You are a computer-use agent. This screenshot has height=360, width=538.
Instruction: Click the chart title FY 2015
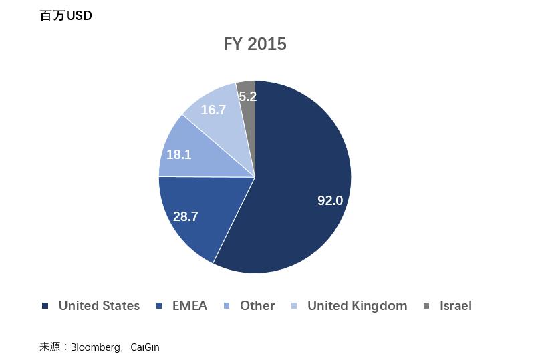[255, 44]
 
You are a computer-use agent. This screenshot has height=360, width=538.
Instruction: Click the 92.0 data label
[330, 200]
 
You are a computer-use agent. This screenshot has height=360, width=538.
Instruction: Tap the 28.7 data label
[186, 216]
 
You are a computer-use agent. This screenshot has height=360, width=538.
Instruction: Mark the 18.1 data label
[179, 154]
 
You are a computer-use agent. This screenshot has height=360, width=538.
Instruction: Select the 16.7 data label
[213, 110]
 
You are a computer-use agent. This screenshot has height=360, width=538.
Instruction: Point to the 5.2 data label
[247, 96]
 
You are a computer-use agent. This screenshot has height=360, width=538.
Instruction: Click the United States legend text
[100, 306]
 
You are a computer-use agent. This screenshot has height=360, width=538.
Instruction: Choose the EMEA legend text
[190, 306]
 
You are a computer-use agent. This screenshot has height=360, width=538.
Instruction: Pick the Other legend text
[257, 306]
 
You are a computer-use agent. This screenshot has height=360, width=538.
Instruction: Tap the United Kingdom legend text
[357, 306]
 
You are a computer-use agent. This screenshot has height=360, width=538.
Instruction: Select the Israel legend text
[456, 306]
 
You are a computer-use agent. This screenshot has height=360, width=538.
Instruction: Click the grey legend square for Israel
[426, 306]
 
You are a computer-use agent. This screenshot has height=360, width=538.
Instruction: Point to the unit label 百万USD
[65, 16]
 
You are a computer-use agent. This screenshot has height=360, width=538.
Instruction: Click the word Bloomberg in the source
[96, 347]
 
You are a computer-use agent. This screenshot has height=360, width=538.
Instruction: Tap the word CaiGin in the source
[145, 347]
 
